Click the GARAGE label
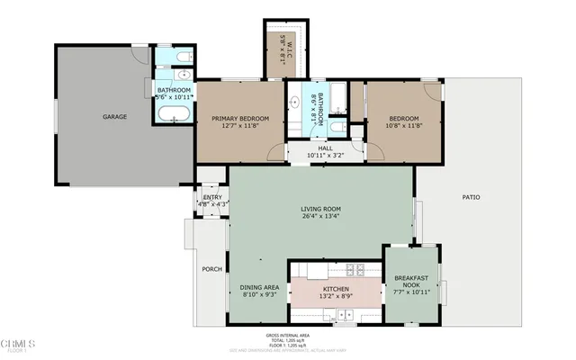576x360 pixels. tap(114, 117)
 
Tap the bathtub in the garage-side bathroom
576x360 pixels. tap(173, 114)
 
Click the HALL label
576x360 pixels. tap(325, 148)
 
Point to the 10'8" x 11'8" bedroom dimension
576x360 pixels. tap(405, 126)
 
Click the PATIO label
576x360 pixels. tap(471, 197)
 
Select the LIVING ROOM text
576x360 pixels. tap(320, 208)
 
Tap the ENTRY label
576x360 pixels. tap(212, 197)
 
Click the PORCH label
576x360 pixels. tap(211, 269)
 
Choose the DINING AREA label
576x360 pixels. tap(259, 287)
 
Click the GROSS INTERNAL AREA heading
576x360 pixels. tap(288, 335)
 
